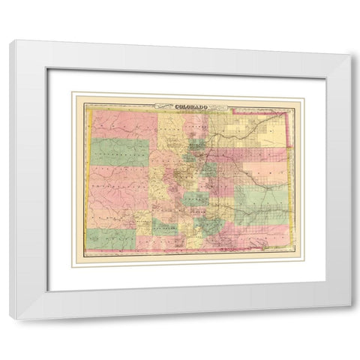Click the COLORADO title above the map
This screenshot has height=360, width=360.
(190, 106)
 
